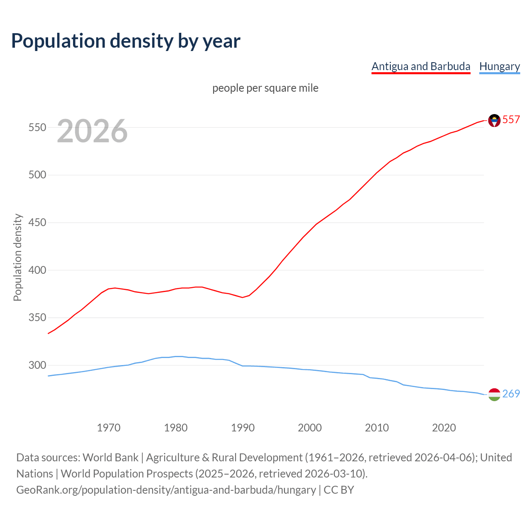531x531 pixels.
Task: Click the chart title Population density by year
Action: coord(126,41)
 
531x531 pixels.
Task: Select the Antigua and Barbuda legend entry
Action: coord(421,66)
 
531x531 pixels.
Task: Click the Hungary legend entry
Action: coord(499,66)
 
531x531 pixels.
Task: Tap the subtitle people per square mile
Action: coord(265,88)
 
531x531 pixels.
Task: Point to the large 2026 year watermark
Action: coord(92,131)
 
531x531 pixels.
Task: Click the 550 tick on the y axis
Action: coord(37,127)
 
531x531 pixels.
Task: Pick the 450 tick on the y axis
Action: coord(37,223)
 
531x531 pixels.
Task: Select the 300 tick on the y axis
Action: coord(37,365)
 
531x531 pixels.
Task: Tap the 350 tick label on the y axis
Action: coord(37,318)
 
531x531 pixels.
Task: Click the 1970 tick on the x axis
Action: coord(109,428)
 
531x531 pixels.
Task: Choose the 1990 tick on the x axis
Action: coord(243,428)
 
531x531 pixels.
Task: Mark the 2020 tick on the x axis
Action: coord(444,428)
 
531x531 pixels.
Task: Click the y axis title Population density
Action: coord(17,257)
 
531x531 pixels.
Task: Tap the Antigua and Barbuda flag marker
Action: coord(494,120)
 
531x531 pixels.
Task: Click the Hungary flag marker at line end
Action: coord(494,395)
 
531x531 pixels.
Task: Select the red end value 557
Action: coord(511,119)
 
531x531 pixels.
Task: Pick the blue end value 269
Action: coord(511,394)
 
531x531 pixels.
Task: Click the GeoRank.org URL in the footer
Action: coord(166,490)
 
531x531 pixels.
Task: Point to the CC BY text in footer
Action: coord(339,490)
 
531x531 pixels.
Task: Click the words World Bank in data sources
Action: coord(110,458)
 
